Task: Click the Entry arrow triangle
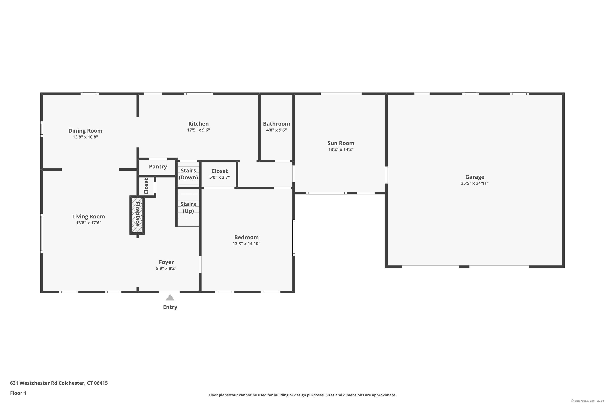pos(170,298)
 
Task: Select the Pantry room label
pos(158,167)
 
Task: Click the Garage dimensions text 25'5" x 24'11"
pos(475,183)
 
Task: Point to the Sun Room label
pos(341,143)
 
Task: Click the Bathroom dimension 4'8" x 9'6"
pos(276,130)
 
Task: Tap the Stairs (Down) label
pos(188,174)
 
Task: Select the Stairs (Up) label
pos(188,207)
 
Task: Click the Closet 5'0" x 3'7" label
pos(219,174)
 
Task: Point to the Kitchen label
pos(198,124)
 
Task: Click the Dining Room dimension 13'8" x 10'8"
pos(85,137)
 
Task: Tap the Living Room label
pos(89,216)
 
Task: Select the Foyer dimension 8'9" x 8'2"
pos(166,268)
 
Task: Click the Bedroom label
pos(246,237)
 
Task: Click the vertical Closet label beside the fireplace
pos(146,186)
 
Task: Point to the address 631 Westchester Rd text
pos(59,383)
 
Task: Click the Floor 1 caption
pos(18,393)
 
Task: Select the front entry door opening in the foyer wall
pos(169,292)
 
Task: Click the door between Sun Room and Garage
pos(386,175)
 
